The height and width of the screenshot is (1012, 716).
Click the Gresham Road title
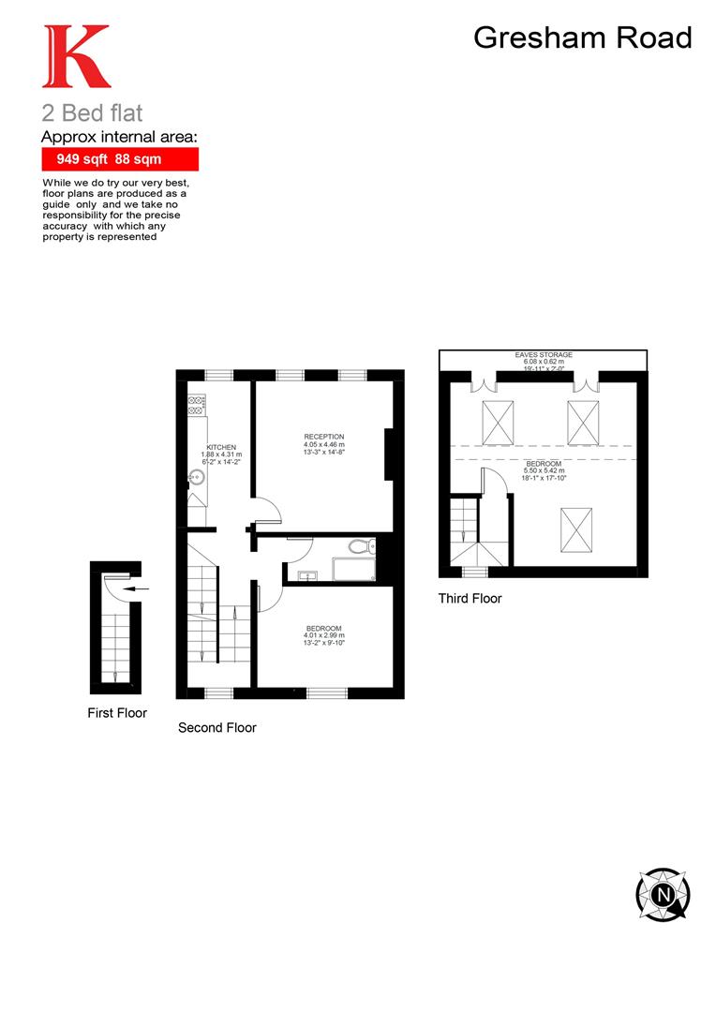click(582, 37)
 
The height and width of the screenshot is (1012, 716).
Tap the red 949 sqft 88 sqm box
click(120, 159)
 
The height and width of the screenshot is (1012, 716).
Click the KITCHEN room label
click(221, 447)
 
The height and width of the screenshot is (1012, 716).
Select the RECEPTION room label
click(324, 437)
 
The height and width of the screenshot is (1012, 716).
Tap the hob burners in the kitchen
click(196, 406)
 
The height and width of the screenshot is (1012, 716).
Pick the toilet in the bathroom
click(359, 547)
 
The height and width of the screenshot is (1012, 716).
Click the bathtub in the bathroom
click(352, 569)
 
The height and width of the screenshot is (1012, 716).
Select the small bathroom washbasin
click(307, 574)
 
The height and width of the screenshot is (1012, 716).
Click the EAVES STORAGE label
click(544, 355)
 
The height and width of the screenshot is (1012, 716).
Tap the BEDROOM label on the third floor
click(544, 465)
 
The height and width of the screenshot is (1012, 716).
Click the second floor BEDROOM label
click(324, 628)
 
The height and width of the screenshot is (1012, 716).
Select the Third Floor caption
click(470, 598)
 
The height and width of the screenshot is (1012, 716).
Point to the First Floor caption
click(117, 713)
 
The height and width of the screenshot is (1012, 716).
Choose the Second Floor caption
click(216, 727)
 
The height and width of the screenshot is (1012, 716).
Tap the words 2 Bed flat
click(92, 114)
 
